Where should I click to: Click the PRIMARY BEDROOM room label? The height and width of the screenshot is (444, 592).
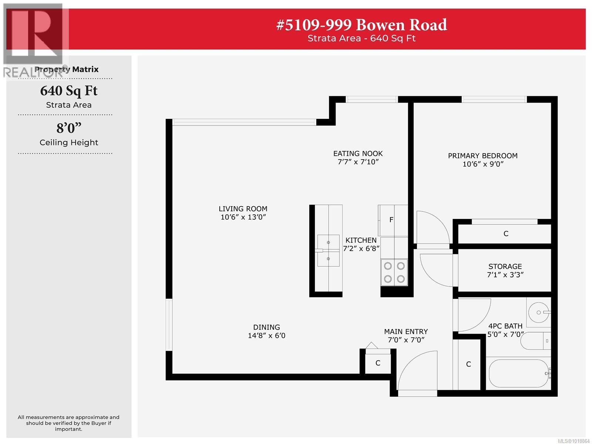point(482,156)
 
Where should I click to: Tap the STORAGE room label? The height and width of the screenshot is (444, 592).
point(505,267)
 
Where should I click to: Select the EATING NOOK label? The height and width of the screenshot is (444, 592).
point(358,153)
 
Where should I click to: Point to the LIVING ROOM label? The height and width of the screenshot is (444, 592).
point(243,209)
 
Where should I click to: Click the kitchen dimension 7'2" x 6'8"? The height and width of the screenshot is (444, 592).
point(361,248)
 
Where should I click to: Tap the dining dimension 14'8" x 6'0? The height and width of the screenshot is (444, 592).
point(266,336)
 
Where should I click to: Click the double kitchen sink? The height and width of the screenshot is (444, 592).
point(328,250)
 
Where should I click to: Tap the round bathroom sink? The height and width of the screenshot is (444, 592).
point(538,312)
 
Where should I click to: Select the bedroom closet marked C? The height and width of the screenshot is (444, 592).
point(506,234)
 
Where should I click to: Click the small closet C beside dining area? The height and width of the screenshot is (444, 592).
point(378,363)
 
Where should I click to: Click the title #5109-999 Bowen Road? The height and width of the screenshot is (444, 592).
point(361,25)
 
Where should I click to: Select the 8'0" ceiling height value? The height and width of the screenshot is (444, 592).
point(69,128)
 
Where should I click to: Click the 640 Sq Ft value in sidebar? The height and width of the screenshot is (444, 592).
point(69,91)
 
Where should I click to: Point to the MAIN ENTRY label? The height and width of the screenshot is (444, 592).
point(406,331)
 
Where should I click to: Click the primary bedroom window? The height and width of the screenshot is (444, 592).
point(494,99)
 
